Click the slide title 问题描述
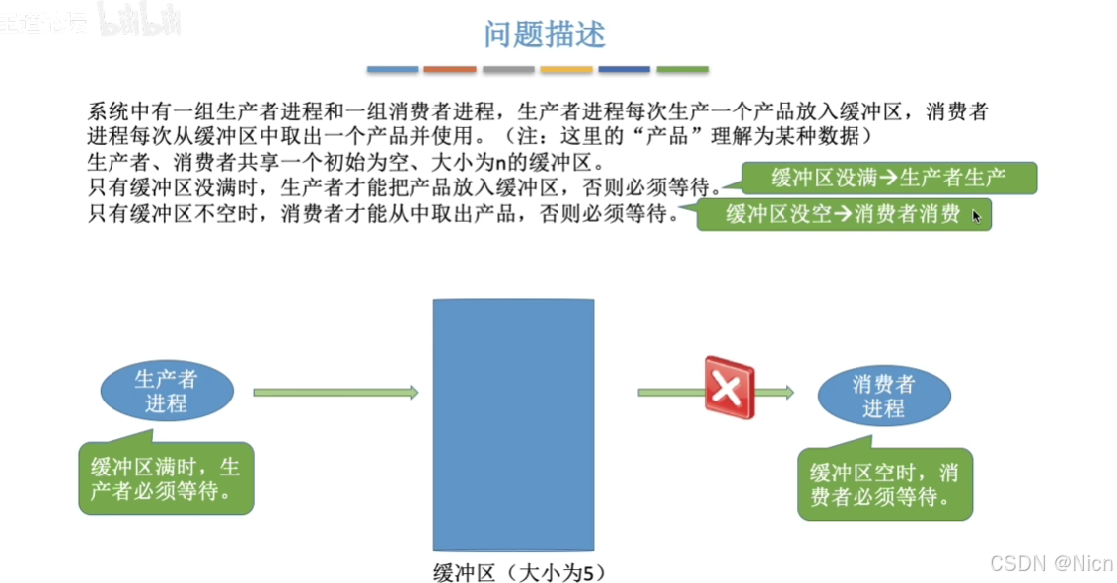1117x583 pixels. point(544,36)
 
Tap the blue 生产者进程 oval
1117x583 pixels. point(166,391)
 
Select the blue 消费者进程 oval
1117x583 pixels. point(883,395)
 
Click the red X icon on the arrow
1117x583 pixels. point(728,389)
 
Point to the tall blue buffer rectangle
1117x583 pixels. point(513,424)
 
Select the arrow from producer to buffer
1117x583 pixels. point(335,393)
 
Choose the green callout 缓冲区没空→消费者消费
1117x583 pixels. point(844,214)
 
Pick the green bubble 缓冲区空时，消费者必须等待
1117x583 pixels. point(884,484)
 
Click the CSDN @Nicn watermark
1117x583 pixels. point(1051,563)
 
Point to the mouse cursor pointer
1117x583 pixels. point(976,215)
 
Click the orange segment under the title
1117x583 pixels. point(450,70)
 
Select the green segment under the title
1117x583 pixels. point(683,70)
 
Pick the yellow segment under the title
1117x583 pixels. point(566,70)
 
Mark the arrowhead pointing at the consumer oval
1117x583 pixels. point(787,393)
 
